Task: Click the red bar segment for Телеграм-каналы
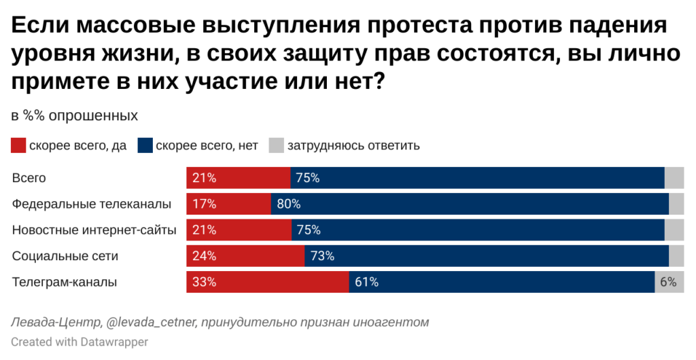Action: pos(268,283)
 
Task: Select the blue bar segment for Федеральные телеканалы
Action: pos(470,204)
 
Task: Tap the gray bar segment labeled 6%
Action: pos(669,283)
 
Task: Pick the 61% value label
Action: pos(366,283)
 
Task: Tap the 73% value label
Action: pos(322,256)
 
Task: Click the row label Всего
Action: pos(29,178)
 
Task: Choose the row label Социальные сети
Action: pos(65,256)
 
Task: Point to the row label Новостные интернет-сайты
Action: pos(94,230)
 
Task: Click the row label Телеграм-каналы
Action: pos(65,283)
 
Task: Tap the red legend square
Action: pos(18,145)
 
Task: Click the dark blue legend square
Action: pos(145,145)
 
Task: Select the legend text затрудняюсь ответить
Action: pos(353,145)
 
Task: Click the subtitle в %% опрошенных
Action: pos(75,115)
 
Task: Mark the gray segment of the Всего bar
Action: pos(674,178)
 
